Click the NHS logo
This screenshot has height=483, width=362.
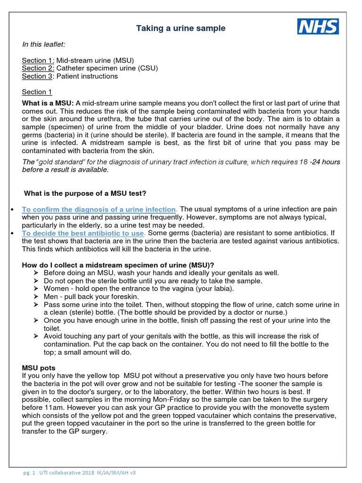click(318, 26)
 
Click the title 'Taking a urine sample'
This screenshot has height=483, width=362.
click(181, 29)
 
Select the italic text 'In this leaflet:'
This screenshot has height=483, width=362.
click(44, 44)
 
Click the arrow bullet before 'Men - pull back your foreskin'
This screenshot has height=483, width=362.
click(37, 297)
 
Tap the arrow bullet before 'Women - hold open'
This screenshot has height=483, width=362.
click(37, 289)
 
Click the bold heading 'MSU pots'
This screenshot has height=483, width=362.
click(38, 367)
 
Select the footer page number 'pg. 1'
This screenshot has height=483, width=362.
click(29, 472)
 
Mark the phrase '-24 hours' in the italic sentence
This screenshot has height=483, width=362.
click(323, 162)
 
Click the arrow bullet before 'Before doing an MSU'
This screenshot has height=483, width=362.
click(37, 273)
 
